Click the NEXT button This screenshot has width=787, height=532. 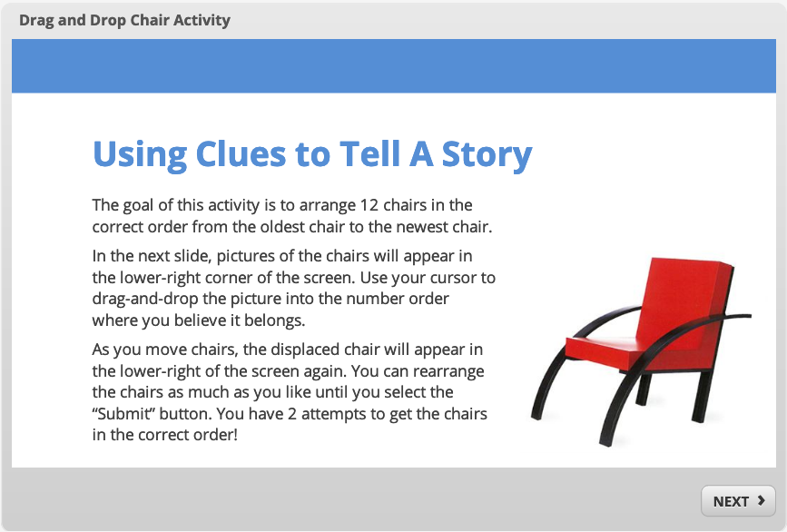click(x=738, y=501)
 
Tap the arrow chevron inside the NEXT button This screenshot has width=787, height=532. click(x=762, y=500)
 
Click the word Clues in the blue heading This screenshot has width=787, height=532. click(x=241, y=153)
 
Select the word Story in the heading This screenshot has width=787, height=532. click(x=487, y=154)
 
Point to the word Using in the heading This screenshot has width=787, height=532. click(x=140, y=155)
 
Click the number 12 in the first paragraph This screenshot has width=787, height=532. click(x=370, y=205)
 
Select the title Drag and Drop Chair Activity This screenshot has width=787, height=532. click(x=124, y=21)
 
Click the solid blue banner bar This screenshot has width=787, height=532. click(x=394, y=65)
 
